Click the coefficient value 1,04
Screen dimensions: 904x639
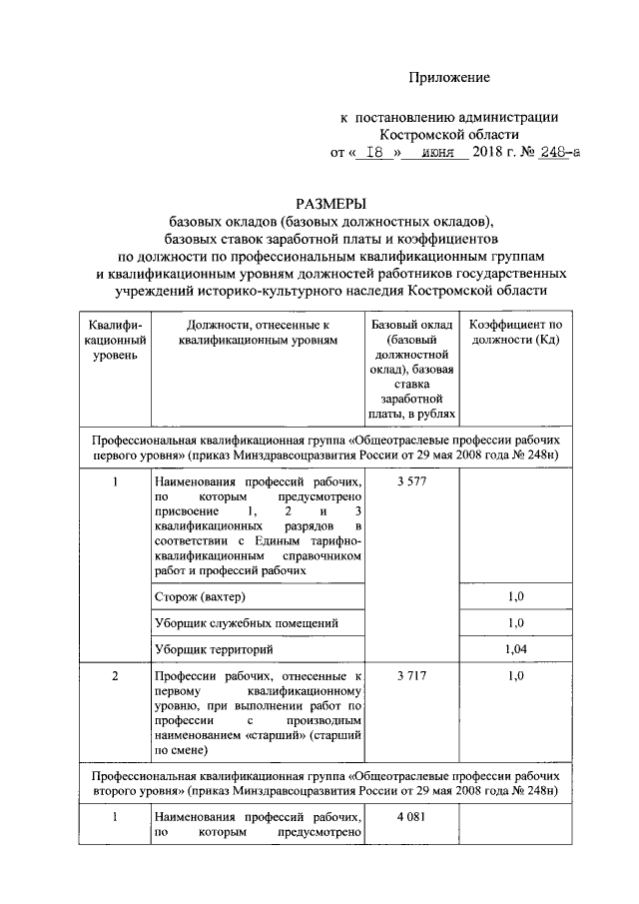pyautogui.click(x=515, y=649)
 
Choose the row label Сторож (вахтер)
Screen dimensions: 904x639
pyautogui.click(x=200, y=596)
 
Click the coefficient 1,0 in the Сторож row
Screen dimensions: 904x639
pyautogui.click(x=515, y=596)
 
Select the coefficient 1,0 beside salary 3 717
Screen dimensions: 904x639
pyautogui.click(x=515, y=676)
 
